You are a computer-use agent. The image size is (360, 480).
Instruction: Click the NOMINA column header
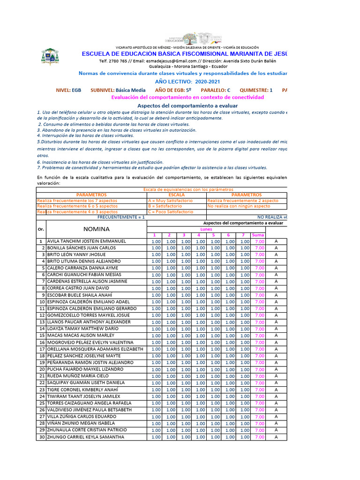(x=97, y=229)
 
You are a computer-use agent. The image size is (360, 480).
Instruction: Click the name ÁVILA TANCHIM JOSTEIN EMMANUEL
(x=87, y=241)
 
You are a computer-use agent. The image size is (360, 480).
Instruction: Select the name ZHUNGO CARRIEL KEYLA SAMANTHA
(x=86, y=437)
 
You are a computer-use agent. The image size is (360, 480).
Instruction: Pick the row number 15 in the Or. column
(x=41, y=336)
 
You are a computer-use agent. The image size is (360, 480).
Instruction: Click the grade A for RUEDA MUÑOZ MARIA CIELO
(x=276, y=376)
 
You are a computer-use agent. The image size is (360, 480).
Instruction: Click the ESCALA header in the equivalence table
(x=176, y=195)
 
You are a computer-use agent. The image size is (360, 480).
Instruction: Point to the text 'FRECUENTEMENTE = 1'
(x=121, y=217)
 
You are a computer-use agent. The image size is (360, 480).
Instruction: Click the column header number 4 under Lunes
(x=199, y=235)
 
